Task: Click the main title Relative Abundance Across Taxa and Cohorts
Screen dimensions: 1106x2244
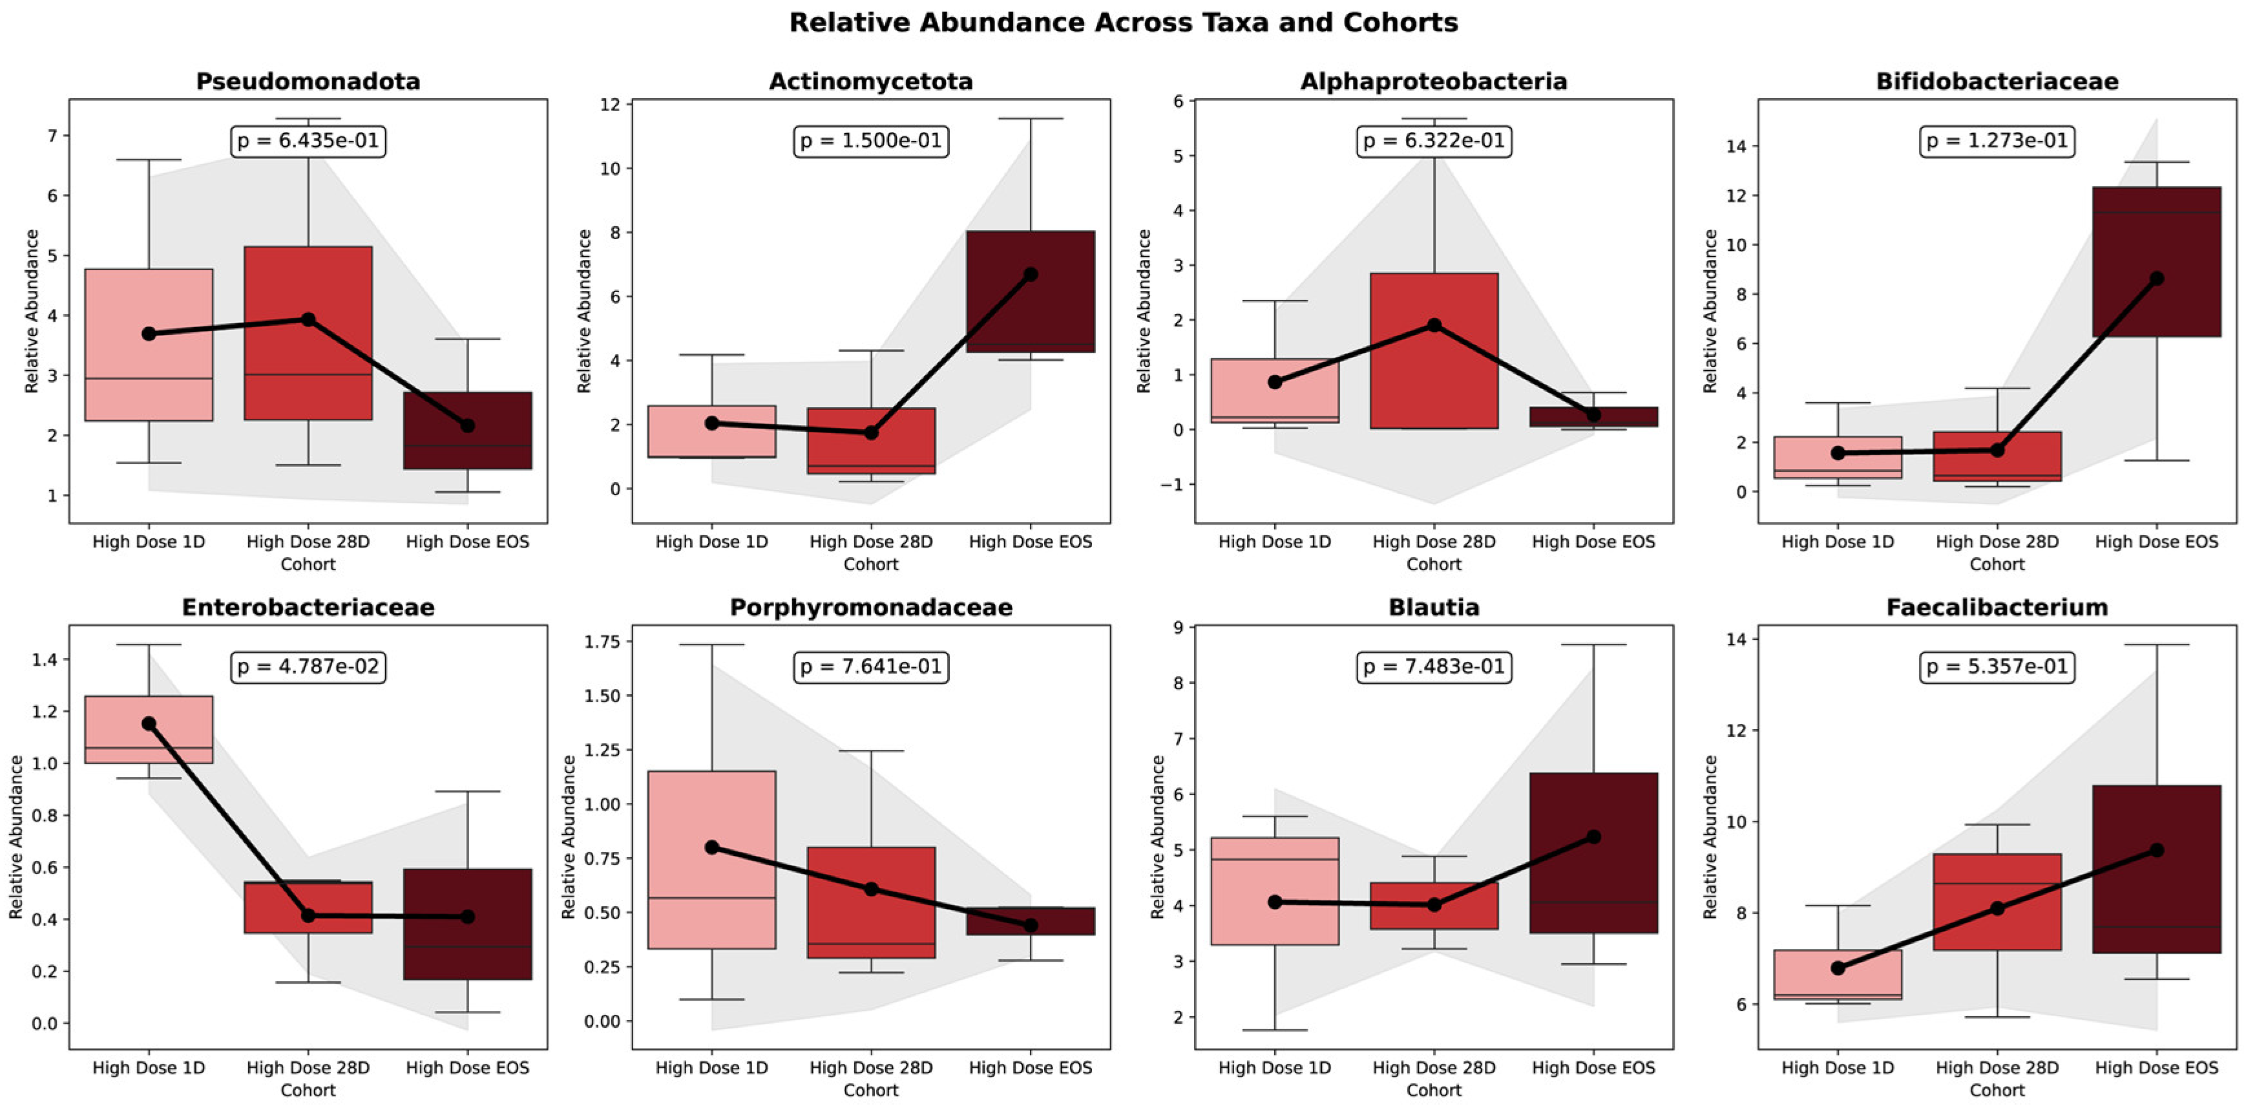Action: [x=1123, y=23]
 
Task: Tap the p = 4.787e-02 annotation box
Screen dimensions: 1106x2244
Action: [x=308, y=666]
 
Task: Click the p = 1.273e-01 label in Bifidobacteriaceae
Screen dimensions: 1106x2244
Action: [x=1997, y=141]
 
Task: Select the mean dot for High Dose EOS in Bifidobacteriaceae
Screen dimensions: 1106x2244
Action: [x=2157, y=279]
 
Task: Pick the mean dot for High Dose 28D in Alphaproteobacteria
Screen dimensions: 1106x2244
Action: [x=1434, y=325]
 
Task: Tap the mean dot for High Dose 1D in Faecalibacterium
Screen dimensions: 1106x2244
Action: [x=1838, y=968]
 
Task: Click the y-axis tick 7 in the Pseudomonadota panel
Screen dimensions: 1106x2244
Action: [x=52, y=136]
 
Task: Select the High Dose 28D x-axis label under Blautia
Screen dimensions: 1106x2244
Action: [x=1434, y=1068]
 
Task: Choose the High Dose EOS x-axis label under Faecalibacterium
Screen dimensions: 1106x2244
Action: [x=2157, y=1068]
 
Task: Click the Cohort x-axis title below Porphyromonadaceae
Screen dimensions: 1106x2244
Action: [x=870, y=1090]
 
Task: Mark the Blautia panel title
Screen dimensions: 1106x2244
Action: [x=1434, y=608]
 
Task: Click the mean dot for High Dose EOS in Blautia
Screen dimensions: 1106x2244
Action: [x=1593, y=836]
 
